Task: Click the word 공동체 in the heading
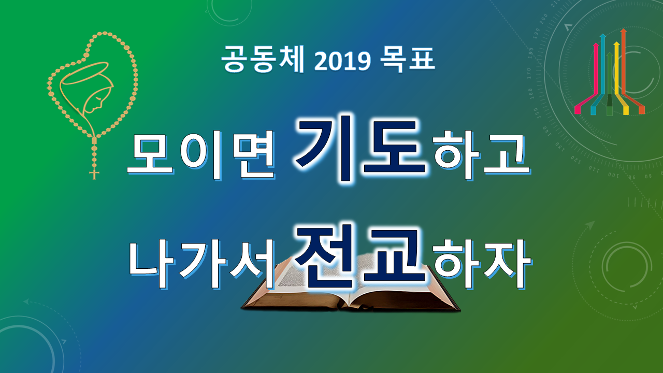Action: tap(263, 59)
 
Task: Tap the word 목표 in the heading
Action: tap(407, 59)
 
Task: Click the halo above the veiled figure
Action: tap(84, 73)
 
